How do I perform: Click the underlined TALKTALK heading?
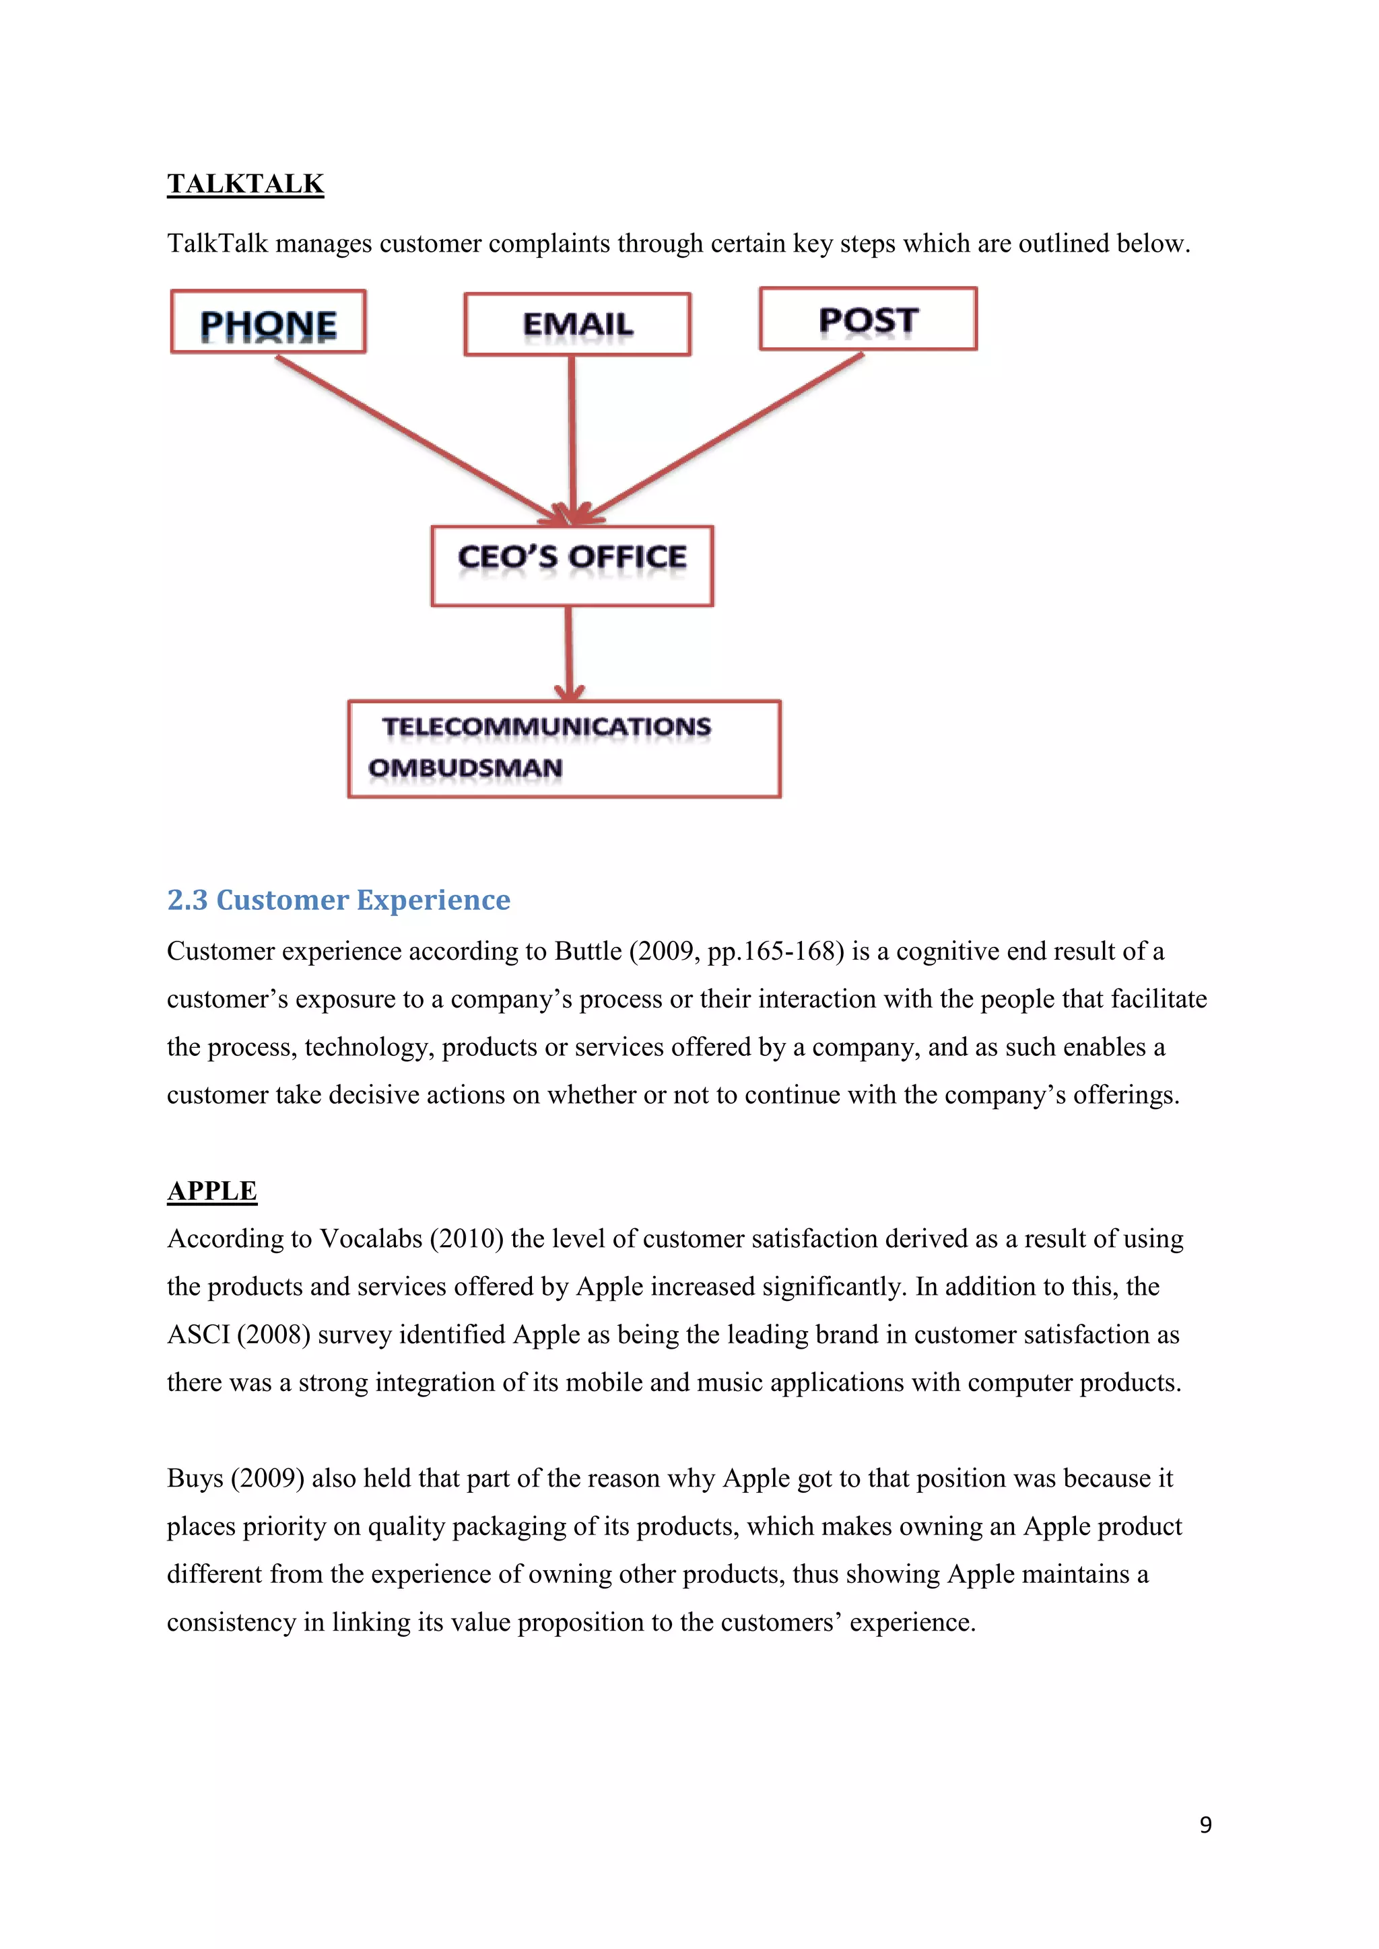click(x=245, y=184)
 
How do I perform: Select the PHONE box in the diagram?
click(x=269, y=322)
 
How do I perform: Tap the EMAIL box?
click(x=578, y=324)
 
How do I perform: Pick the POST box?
click(x=868, y=319)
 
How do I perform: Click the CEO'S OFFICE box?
click(x=572, y=565)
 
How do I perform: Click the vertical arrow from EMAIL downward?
click(x=572, y=433)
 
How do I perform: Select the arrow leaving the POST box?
click(x=731, y=433)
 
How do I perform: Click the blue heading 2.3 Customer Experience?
click(x=339, y=900)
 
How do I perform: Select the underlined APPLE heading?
click(x=212, y=1191)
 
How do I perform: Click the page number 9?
click(x=1206, y=1824)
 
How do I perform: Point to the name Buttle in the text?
click(x=588, y=952)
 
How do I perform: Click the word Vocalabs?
click(x=372, y=1240)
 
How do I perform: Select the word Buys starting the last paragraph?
click(x=194, y=1479)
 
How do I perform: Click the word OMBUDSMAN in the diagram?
click(x=465, y=768)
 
